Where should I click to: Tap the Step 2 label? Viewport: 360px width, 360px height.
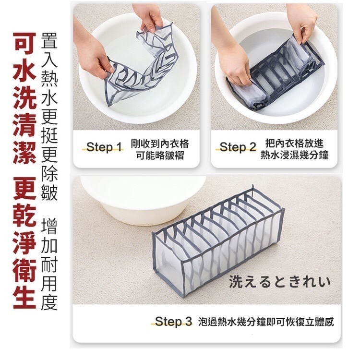pos(238,147)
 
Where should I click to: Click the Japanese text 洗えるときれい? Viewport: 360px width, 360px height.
pos(280,281)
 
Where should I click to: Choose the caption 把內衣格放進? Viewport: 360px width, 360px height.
pos(294,143)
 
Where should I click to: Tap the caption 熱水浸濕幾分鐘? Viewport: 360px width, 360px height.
pos(294,155)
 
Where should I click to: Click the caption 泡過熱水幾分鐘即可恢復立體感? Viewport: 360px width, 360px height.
pos(266,322)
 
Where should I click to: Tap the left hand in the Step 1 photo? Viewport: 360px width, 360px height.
pos(91,58)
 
